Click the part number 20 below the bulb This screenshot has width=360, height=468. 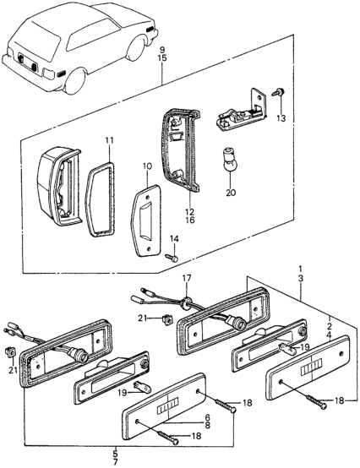[x=231, y=193]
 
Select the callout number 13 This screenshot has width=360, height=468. [x=281, y=118]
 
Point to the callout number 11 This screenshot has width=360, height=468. [x=109, y=139]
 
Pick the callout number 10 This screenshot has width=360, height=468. [x=147, y=166]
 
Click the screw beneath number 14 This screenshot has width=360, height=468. [x=172, y=258]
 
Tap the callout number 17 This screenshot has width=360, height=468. [x=186, y=278]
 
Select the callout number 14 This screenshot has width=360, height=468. [x=176, y=239]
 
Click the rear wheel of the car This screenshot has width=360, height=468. [x=74, y=81]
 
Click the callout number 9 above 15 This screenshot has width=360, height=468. [x=162, y=49]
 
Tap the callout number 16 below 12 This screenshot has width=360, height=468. [x=189, y=220]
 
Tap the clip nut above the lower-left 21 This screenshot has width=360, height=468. [x=10, y=352]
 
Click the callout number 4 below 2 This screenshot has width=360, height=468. [x=330, y=334]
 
